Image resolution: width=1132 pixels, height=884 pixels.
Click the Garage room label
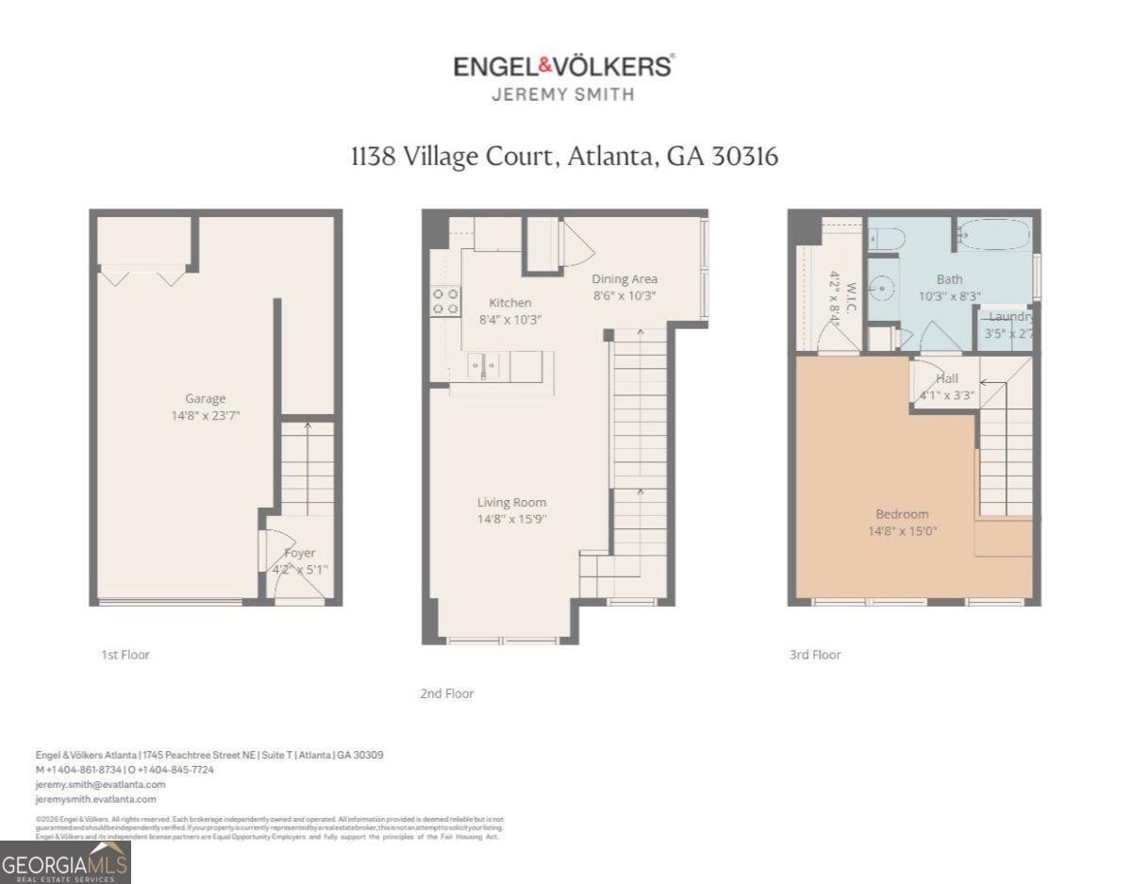205,398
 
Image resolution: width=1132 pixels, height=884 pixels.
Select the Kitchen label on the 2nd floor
509,303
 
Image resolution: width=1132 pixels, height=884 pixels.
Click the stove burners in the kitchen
445,301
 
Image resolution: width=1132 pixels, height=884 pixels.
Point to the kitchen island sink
482,365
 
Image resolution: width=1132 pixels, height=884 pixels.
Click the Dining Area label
624,278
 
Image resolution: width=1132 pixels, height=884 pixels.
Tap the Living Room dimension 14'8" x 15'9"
511,519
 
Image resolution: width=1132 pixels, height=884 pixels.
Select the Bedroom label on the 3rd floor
902,514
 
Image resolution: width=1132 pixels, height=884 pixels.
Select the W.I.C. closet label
849,297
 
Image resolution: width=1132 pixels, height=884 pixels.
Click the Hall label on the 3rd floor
946,378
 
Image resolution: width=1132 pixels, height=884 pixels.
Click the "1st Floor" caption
125,655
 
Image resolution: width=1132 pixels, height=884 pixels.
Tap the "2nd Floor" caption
446,693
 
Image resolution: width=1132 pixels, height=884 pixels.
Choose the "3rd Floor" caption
814,655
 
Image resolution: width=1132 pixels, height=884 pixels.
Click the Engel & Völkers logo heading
563,67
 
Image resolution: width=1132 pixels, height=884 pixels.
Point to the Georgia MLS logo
65,862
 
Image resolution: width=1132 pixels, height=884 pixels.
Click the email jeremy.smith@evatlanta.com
100,784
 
